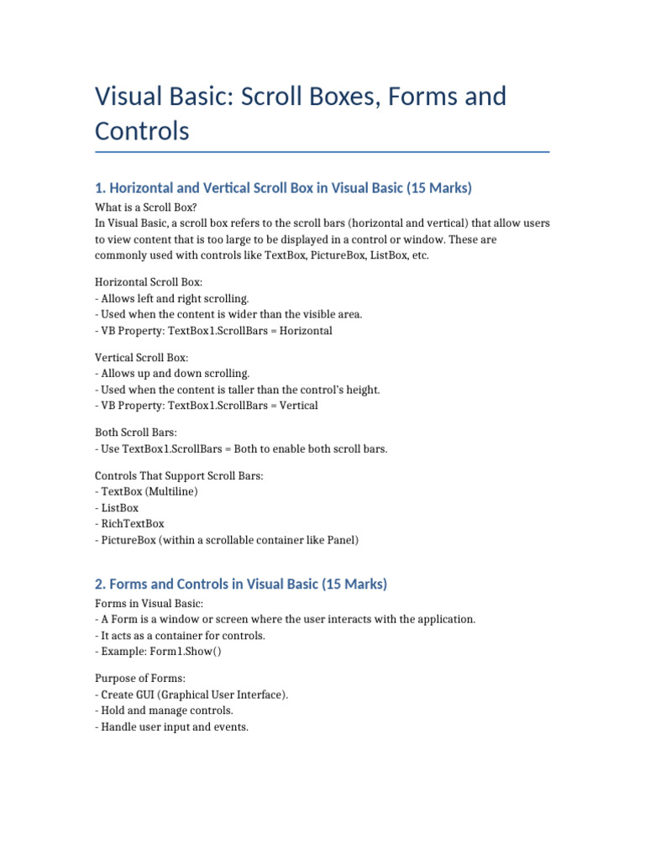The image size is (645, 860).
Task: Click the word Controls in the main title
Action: coord(142,131)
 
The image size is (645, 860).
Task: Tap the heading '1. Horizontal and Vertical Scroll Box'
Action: coord(284,188)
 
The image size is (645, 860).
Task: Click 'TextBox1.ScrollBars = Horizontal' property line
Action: coord(249,331)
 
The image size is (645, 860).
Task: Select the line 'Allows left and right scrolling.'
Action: coord(175,298)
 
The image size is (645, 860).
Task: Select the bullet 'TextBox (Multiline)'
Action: coord(149,492)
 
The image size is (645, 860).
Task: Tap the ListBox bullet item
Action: coord(119,508)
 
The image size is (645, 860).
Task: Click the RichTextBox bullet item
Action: coord(132,524)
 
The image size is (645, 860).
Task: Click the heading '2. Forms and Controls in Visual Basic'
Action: coord(241,584)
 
